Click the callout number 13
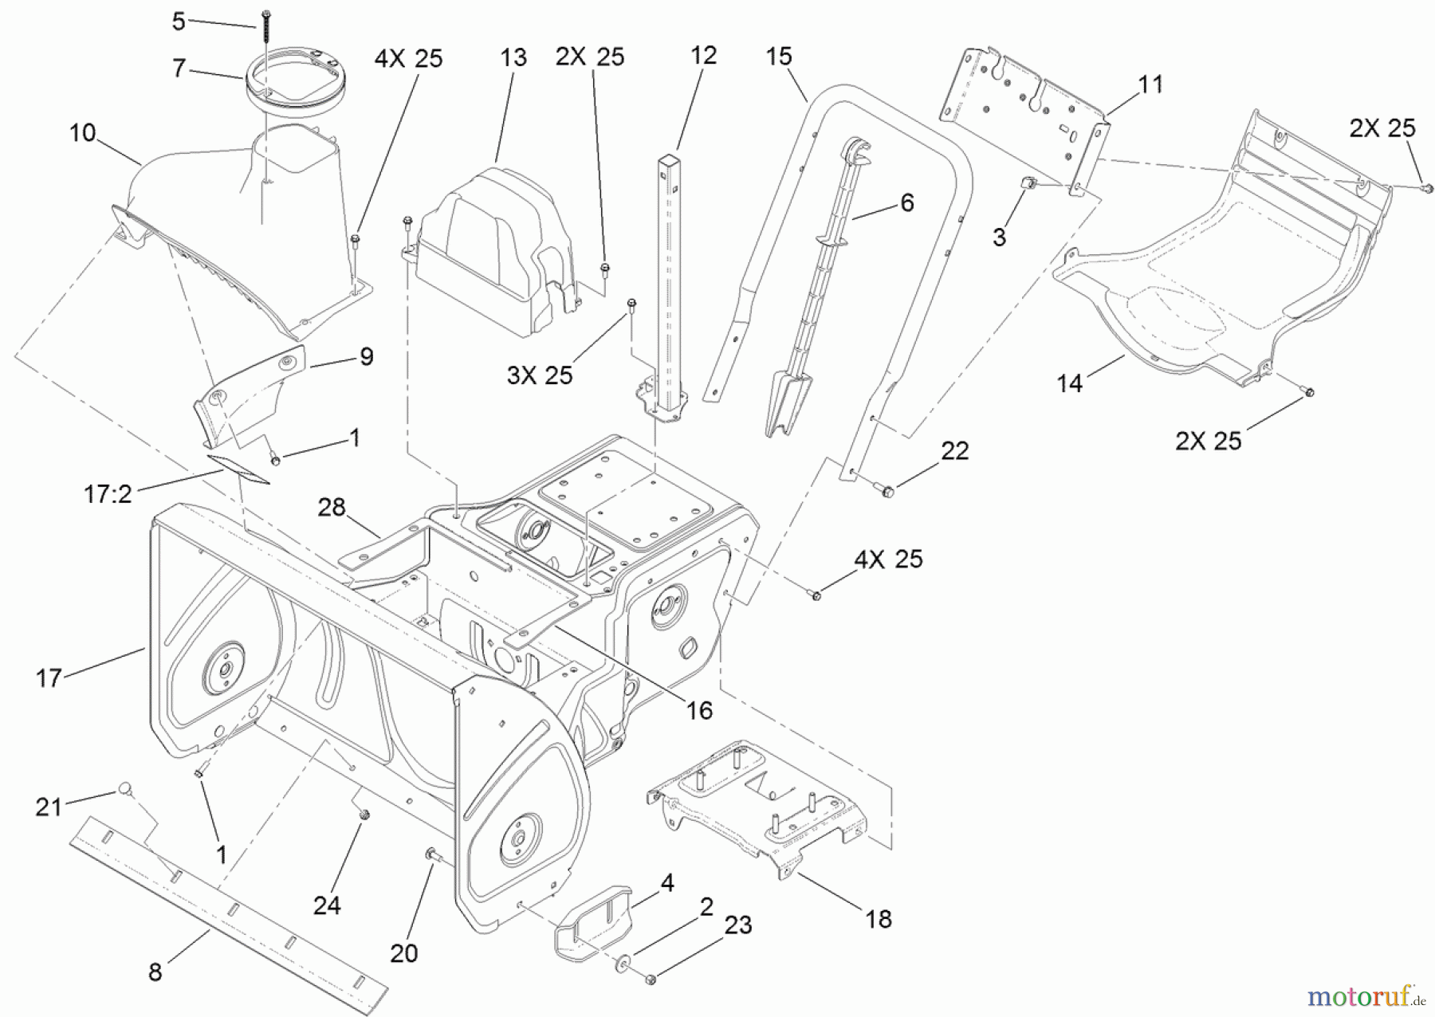click(513, 57)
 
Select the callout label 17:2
click(108, 495)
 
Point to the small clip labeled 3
click(1028, 184)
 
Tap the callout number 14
click(1069, 383)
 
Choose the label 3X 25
click(540, 375)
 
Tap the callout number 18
click(878, 919)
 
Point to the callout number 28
click(332, 507)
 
